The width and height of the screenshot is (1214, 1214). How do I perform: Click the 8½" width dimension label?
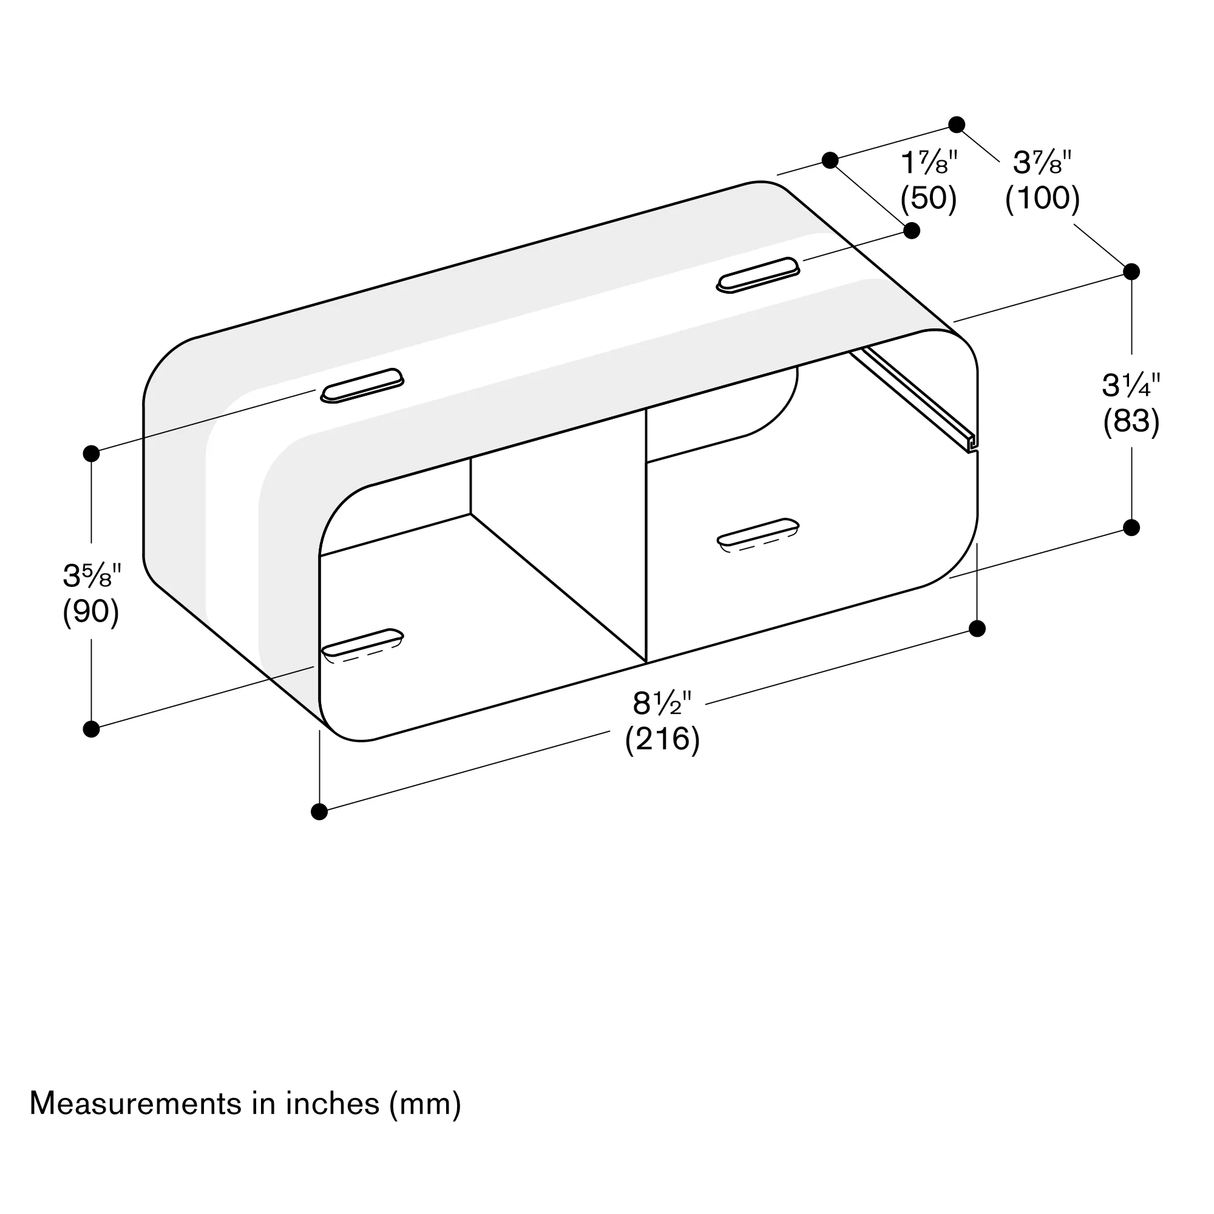(x=662, y=704)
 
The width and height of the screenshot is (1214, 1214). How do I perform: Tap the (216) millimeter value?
(x=662, y=739)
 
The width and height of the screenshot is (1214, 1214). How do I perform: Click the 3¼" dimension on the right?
(x=1131, y=386)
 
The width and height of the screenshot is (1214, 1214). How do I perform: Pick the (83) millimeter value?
(x=1131, y=421)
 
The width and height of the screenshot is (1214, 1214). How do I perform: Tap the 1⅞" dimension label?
(x=929, y=164)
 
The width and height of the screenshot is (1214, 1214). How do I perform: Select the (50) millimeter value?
(x=928, y=198)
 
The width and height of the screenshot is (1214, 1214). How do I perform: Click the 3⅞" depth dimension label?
(x=1042, y=164)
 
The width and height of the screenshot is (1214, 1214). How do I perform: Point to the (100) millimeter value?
(x=1042, y=198)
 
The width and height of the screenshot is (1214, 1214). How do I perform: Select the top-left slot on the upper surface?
(x=362, y=385)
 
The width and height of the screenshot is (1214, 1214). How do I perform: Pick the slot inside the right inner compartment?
(x=758, y=532)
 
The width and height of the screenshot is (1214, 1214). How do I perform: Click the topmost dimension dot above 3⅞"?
(x=957, y=124)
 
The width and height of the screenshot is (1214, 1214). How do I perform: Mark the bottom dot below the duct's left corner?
(x=319, y=812)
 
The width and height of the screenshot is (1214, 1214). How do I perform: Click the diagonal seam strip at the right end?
(x=911, y=399)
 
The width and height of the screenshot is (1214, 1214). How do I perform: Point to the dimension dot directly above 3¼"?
(x=1131, y=271)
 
